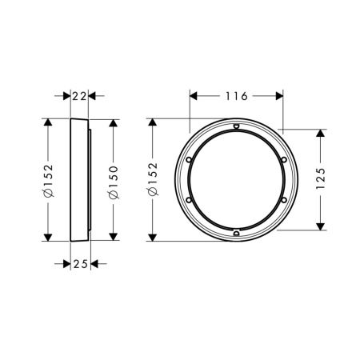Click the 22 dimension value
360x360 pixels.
point(79,96)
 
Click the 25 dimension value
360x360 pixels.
point(81,264)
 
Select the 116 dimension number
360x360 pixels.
point(237,96)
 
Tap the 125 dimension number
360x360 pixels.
point(321,178)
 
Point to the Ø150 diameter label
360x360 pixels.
point(114,182)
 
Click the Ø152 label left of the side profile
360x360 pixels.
point(49,180)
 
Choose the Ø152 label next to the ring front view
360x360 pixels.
point(153,179)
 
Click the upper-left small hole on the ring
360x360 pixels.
point(189,159)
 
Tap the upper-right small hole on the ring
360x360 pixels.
point(284,159)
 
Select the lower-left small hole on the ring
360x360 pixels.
point(189,200)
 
